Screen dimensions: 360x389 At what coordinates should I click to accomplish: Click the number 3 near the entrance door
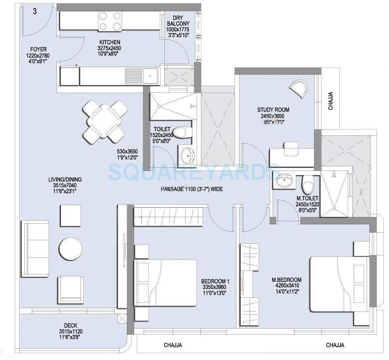click(x=35, y=11)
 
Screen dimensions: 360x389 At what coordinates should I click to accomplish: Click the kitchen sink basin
click(x=150, y=75)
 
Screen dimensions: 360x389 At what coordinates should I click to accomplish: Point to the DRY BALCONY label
click(x=178, y=21)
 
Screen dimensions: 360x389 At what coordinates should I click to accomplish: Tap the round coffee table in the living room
click(x=70, y=249)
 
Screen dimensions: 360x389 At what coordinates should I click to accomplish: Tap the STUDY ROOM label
click(x=270, y=111)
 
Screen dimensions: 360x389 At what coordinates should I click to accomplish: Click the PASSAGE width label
click(x=191, y=188)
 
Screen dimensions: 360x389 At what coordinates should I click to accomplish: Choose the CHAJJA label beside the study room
click(x=330, y=101)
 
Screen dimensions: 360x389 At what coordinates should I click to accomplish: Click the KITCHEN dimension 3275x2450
click(x=110, y=48)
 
